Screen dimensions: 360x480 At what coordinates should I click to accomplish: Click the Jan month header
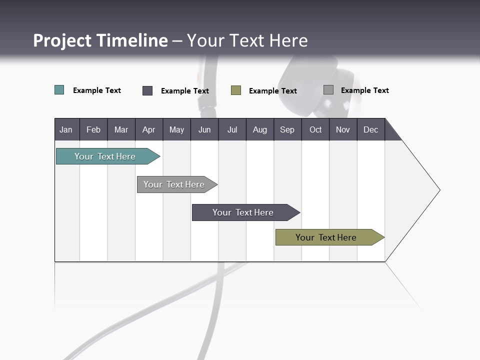coord(66,130)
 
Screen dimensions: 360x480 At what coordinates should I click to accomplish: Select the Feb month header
coord(93,130)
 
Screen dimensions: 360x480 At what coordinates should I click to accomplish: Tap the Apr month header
coord(148,130)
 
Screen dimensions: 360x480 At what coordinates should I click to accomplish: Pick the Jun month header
coord(204,130)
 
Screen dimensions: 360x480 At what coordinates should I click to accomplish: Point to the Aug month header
coord(259,130)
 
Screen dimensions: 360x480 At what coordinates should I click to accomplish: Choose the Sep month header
coord(287,130)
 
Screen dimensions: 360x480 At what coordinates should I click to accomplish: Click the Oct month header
coord(315,130)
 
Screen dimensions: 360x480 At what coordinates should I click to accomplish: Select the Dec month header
coord(370,130)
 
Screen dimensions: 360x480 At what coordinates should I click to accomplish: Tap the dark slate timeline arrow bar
coord(243,212)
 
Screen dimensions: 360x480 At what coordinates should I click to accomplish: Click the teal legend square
coord(59,90)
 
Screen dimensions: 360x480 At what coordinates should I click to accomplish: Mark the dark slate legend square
coord(147,90)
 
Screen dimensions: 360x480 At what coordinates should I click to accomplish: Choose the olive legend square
coord(236,90)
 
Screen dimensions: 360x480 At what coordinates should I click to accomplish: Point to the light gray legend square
coord(328,90)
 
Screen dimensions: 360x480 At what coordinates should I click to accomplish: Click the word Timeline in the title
coord(132,40)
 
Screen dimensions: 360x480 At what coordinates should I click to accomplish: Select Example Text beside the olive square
coord(272,91)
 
